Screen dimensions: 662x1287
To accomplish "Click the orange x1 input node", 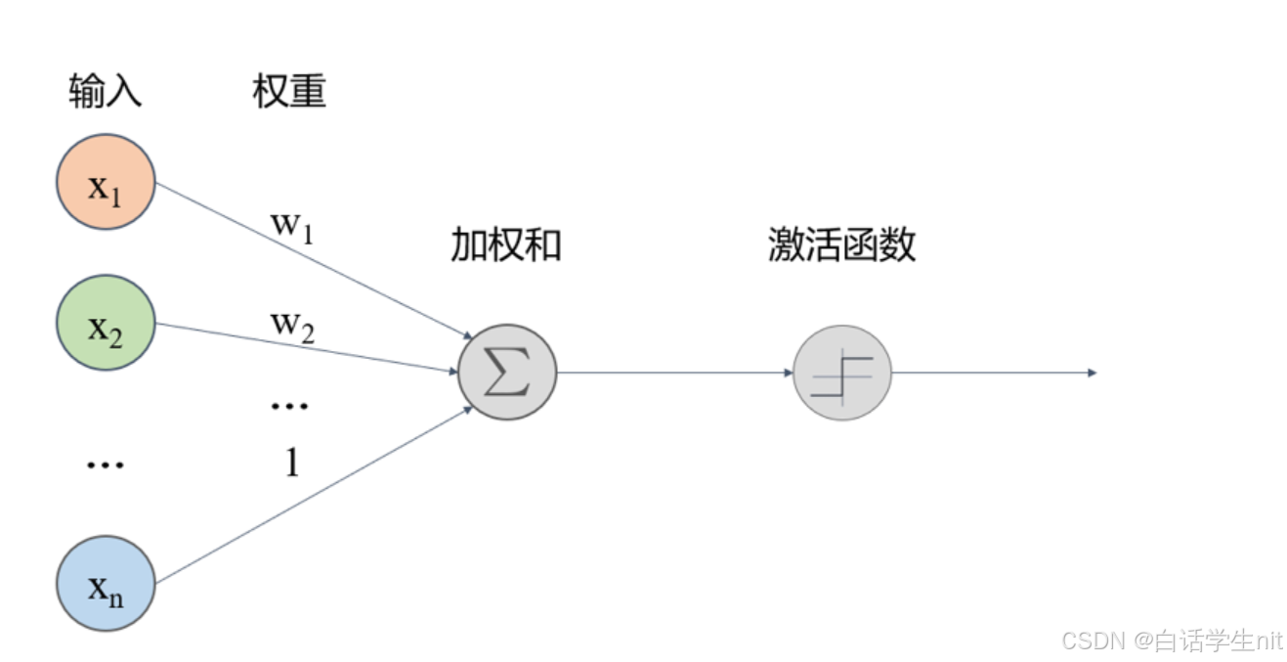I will pyautogui.click(x=106, y=182).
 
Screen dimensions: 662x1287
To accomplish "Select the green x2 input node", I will pyautogui.click(x=106, y=323).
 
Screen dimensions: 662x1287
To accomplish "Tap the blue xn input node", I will pyautogui.click(x=106, y=583).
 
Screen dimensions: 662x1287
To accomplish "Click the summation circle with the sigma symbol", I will pyautogui.click(x=507, y=373).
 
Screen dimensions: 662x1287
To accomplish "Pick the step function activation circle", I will pyautogui.click(x=842, y=373).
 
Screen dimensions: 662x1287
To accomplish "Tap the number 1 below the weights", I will pyautogui.click(x=291, y=463).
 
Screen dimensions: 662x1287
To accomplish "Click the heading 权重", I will pyautogui.click(x=289, y=91).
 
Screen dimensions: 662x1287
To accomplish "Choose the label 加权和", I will pyautogui.click(x=506, y=244).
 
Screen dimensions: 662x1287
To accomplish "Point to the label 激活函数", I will pyautogui.click(x=842, y=244).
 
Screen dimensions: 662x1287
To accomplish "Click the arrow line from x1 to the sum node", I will pyautogui.click(x=313, y=259).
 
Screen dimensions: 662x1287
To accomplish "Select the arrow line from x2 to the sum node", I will pyautogui.click(x=308, y=348).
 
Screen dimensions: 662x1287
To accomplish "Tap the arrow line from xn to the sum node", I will pyautogui.click(x=313, y=495).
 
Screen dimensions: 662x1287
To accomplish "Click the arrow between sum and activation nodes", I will pyautogui.click(x=674, y=373).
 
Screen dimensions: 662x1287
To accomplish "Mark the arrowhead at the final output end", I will pyautogui.click(x=1092, y=373).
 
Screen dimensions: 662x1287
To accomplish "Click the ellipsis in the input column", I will pyautogui.click(x=106, y=465).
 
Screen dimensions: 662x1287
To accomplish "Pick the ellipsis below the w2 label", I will pyautogui.click(x=290, y=404).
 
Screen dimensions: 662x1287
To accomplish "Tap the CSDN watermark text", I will pyautogui.click(x=1171, y=640).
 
